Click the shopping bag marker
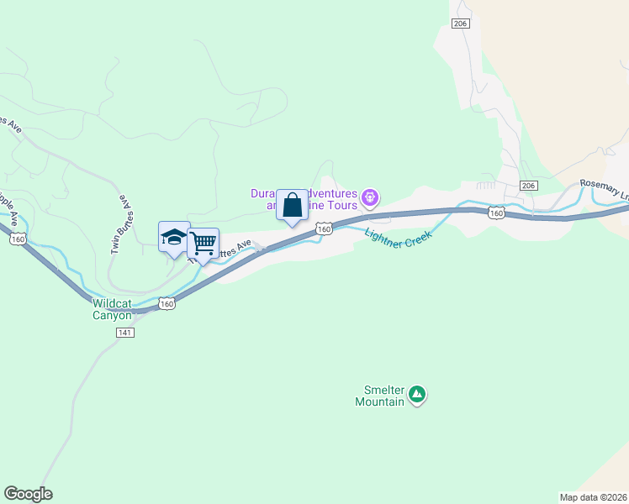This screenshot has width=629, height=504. [292, 205]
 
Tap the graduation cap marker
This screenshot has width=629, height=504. [174, 237]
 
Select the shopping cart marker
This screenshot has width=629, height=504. [203, 244]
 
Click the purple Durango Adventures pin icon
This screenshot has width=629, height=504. [371, 199]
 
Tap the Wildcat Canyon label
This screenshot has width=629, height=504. [112, 309]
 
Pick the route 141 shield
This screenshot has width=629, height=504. [124, 333]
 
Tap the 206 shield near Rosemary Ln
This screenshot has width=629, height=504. [528, 186]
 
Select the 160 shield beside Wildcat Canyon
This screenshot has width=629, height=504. [167, 303]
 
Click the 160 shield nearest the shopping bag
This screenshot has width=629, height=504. [324, 228]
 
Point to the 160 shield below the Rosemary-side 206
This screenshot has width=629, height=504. [496, 213]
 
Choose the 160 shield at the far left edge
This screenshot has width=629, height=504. [17, 239]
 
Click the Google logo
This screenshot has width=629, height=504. [28, 494]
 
